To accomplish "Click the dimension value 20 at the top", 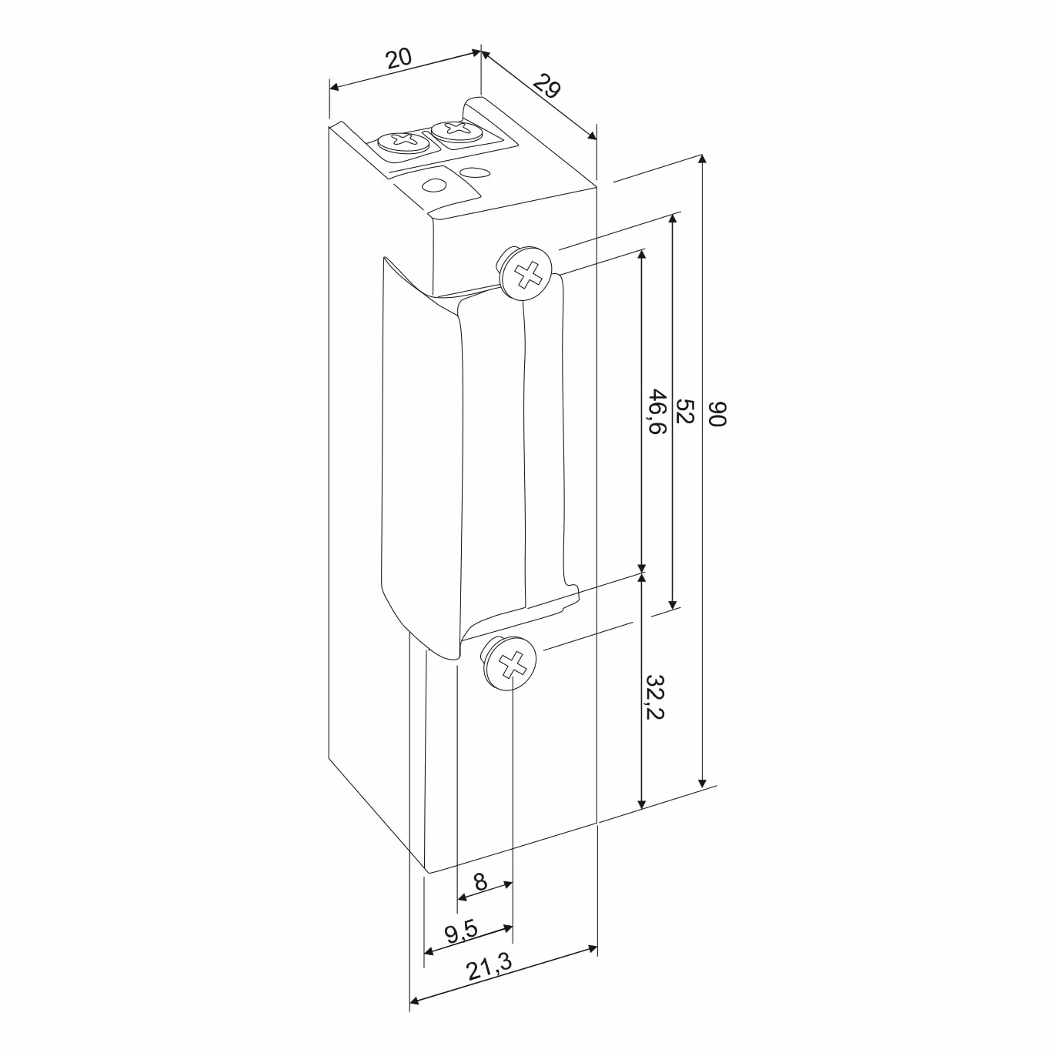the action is (399, 58).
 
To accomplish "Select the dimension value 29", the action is (547, 86).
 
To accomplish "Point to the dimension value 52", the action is (685, 411).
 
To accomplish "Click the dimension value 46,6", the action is (657, 411).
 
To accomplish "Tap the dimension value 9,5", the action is (462, 932).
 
